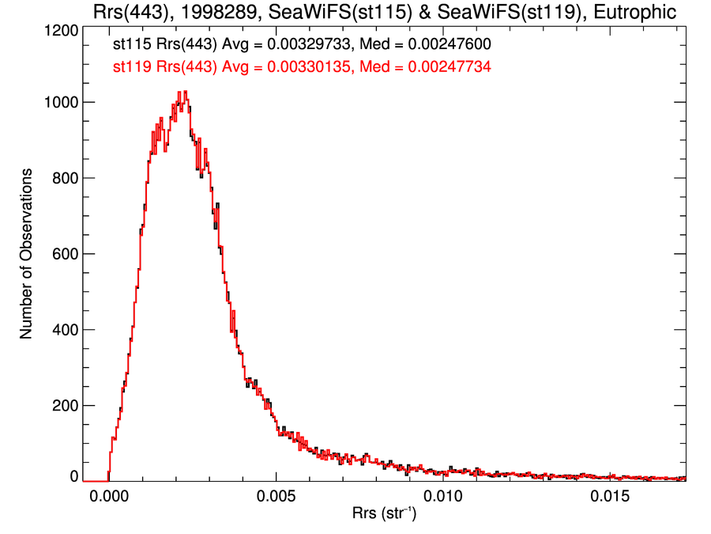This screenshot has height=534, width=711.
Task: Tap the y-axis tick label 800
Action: click(62, 178)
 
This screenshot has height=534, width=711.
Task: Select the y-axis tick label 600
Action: click(62, 254)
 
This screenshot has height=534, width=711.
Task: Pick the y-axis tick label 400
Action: click(62, 330)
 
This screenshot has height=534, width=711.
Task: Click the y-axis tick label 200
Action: click(62, 406)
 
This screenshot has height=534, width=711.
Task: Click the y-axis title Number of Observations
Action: click(26, 254)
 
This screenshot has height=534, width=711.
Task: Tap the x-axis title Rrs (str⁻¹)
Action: click(385, 515)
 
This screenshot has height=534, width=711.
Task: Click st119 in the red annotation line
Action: click(130, 68)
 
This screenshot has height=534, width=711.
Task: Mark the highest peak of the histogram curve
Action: click(185, 92)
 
